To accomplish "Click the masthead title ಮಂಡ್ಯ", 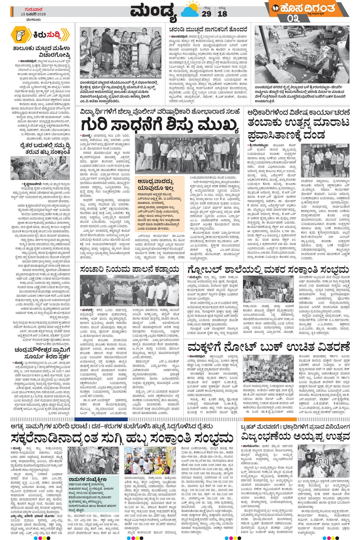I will coord(153,12).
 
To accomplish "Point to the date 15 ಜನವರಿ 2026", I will coord(34,14).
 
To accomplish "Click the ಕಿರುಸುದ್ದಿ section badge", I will coord(40,35).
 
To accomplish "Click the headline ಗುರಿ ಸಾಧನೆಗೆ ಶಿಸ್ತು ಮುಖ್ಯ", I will coord(159,125).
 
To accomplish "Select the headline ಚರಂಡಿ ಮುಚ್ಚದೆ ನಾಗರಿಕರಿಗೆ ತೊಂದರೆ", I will coord(208,29).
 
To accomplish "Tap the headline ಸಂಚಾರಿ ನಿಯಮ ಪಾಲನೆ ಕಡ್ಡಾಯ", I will coord(130,269).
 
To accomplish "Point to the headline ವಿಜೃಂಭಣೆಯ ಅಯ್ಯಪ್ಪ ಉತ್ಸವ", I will coord(295,436).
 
